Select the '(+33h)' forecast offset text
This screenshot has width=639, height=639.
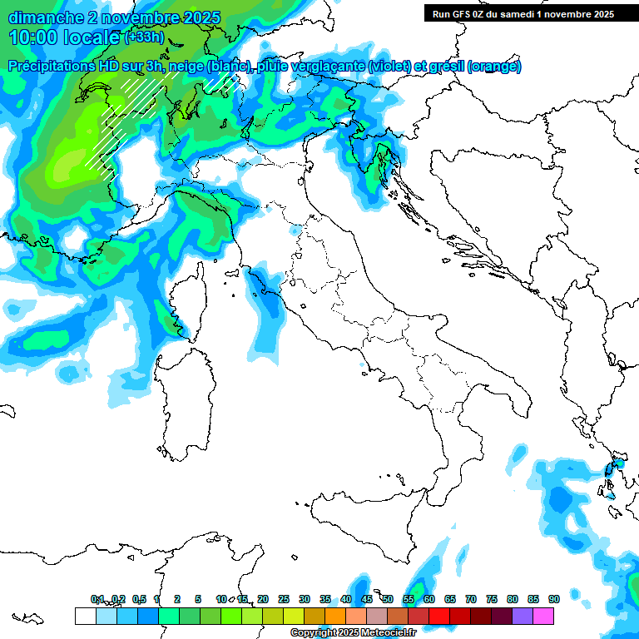[143, 37]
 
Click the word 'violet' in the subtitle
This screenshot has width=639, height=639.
[402, 67]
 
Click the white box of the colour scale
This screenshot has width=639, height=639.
[85, 616]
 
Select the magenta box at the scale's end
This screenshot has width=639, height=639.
[543, 616]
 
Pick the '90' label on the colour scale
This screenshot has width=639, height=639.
[553, 599]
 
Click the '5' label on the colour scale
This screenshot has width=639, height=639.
[198, 599]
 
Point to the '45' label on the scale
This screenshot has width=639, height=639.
[367, 599]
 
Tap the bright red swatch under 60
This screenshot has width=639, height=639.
[439, 616]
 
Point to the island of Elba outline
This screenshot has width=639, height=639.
[230, 272]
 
